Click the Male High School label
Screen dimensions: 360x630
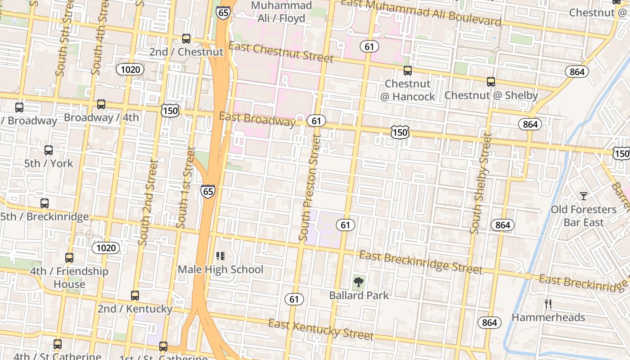[x=220, y=270]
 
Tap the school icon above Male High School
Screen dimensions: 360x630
[x=220, y=256]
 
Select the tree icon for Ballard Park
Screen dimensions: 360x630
[x=359, y=282]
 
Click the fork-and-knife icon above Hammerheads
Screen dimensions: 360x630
[x=548, y=304]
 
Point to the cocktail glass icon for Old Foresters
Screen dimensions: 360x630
[x=584, y=196]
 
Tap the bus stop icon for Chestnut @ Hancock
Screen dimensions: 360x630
[x=408, y=71]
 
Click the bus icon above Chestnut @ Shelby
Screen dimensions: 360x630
[x=491, y=82]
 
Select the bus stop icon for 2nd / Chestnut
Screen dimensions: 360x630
[x=186, y=39]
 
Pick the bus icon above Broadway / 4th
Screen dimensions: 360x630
[x=101, y=104]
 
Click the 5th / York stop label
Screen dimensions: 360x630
[x=49, y=163]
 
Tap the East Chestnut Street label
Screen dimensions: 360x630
[x=281, y=53]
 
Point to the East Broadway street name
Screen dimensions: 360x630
[x=257, y=119]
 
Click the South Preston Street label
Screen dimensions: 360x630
[x=310, y=188]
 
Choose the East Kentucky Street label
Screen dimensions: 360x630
[x=321, y=330]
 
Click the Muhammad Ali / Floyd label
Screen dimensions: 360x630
[x=281, y=12]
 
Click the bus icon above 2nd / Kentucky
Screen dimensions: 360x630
[x=135, y=296]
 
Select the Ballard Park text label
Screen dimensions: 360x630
[x=359, y=296]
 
